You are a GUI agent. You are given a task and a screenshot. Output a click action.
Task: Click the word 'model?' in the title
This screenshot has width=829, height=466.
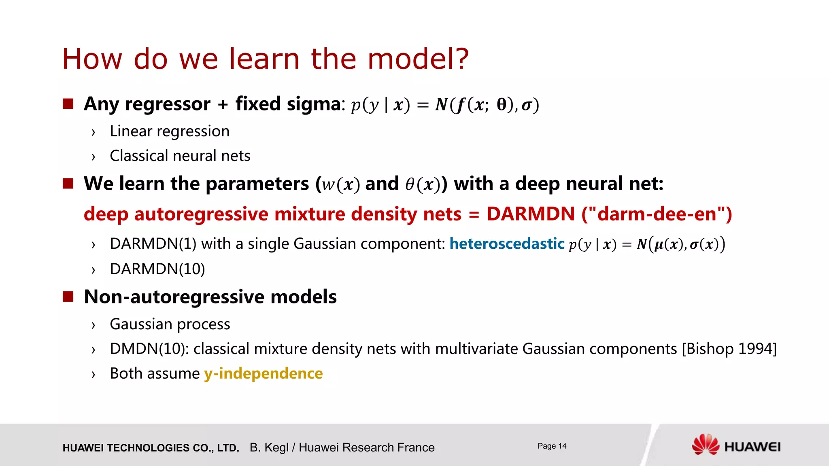418,59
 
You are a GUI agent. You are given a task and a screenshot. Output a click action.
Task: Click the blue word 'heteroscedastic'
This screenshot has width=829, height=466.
507,244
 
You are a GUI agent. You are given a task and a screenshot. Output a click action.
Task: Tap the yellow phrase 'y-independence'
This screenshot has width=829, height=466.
263,373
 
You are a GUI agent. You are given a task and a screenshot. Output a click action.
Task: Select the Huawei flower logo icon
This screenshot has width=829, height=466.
706,445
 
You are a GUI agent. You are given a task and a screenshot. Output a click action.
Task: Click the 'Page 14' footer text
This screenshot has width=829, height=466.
552,446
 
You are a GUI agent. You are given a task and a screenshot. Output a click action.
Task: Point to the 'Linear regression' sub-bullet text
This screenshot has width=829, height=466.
170,131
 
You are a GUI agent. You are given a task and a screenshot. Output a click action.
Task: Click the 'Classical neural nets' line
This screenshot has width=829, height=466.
180,156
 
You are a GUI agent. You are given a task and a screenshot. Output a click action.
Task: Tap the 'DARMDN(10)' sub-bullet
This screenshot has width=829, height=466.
157,269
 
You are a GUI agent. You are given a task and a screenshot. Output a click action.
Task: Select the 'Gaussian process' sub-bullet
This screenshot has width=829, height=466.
170,324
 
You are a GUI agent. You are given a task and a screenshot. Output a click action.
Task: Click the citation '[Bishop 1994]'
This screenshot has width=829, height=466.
729,349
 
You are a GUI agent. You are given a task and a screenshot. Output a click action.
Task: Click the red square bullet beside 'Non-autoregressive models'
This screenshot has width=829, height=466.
68,297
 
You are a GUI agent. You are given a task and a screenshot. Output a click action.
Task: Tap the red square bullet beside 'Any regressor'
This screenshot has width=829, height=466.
68,104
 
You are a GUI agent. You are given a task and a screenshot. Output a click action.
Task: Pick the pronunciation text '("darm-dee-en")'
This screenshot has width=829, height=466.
657,214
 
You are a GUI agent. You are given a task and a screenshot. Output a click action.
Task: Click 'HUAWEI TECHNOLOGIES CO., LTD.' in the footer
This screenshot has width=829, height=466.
151,448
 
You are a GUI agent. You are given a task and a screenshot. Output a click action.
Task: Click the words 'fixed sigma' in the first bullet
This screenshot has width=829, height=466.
288,104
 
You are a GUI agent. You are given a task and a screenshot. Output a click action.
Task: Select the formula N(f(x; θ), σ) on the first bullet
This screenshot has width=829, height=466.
487,105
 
